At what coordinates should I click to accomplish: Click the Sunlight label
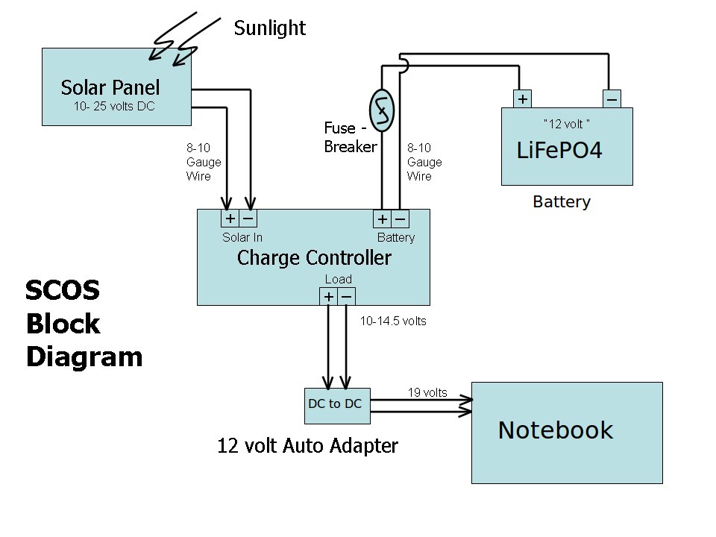tap(269, 28)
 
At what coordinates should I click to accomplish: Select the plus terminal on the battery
tap(523, 99)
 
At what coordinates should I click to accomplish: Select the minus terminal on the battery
tap(611, 99)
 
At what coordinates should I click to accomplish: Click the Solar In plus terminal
tap(230, 219)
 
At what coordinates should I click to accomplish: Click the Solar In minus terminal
tap(248, 219)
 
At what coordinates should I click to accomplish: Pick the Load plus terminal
tap(328, 297)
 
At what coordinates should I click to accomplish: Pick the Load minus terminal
tap(346, 297)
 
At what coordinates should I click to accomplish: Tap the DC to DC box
tap(335, 404)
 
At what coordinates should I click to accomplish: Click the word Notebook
tap(555, 430)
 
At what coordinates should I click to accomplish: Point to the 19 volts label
tap(427, 392)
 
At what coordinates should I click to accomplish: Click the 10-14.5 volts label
tap(393, 321)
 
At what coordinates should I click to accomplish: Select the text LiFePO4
tap(559, 151)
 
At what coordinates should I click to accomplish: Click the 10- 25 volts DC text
tap(114, 107)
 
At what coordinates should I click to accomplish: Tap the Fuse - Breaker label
tap(350, 137)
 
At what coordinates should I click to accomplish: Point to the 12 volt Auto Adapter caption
tap(307, 446)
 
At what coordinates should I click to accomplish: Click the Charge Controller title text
tap(313, 258)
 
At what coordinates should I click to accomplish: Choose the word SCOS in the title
tap(63, 290)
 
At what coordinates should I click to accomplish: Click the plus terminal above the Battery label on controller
tap(382, 219)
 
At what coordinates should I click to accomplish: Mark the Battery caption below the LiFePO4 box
tap(562, 201)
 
